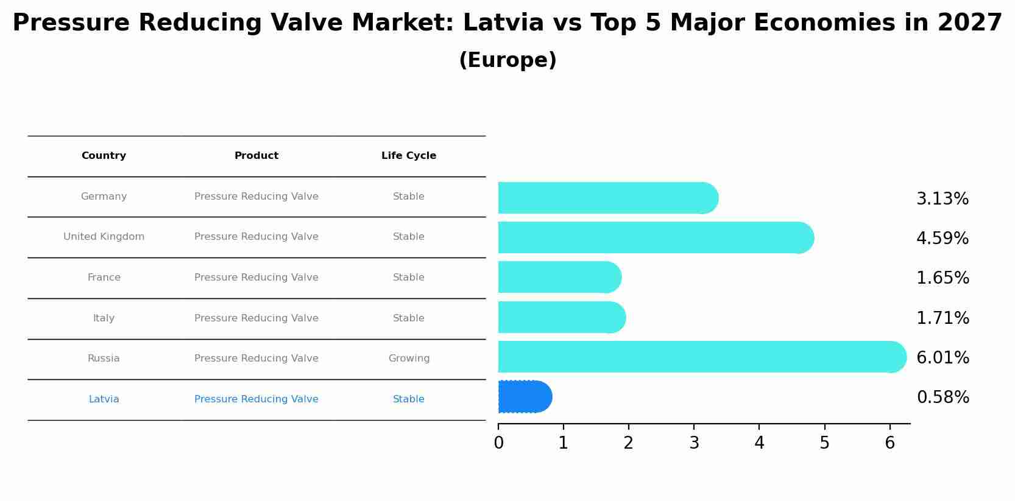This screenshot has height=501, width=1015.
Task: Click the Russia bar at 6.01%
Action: coord(701,357)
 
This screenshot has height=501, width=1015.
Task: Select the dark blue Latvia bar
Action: coord(525,397)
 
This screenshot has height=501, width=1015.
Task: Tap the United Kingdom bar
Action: coord(655,237)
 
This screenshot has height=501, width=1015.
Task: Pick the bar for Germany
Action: coord(607,198)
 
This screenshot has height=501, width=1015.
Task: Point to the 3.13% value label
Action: coord(942,199)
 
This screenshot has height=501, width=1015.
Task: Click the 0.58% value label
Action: coord(942,398)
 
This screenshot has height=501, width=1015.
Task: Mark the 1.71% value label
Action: coord(942,318)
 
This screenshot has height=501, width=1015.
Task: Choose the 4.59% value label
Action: coord(942,239)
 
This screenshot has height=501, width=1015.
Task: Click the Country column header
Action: coord(104,156)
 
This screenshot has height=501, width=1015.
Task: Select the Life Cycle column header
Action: coord(408,156)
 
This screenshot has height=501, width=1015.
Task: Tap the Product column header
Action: coord(256,156)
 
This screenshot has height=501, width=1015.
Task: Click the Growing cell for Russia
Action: coord(409,359)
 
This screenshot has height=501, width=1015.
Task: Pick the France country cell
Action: coord(104,278)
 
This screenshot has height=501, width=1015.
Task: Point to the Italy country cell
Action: coord(104,318)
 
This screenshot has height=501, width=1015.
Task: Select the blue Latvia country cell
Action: coord(104,399)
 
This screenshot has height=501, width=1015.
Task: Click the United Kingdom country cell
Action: coord(104,237)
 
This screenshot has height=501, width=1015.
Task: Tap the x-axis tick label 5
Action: coord(824,443)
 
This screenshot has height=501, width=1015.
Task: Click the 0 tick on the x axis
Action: coord(498,443)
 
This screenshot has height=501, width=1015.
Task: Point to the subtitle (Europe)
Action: coord(507,60)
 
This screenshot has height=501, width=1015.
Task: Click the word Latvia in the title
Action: coord(503,23)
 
